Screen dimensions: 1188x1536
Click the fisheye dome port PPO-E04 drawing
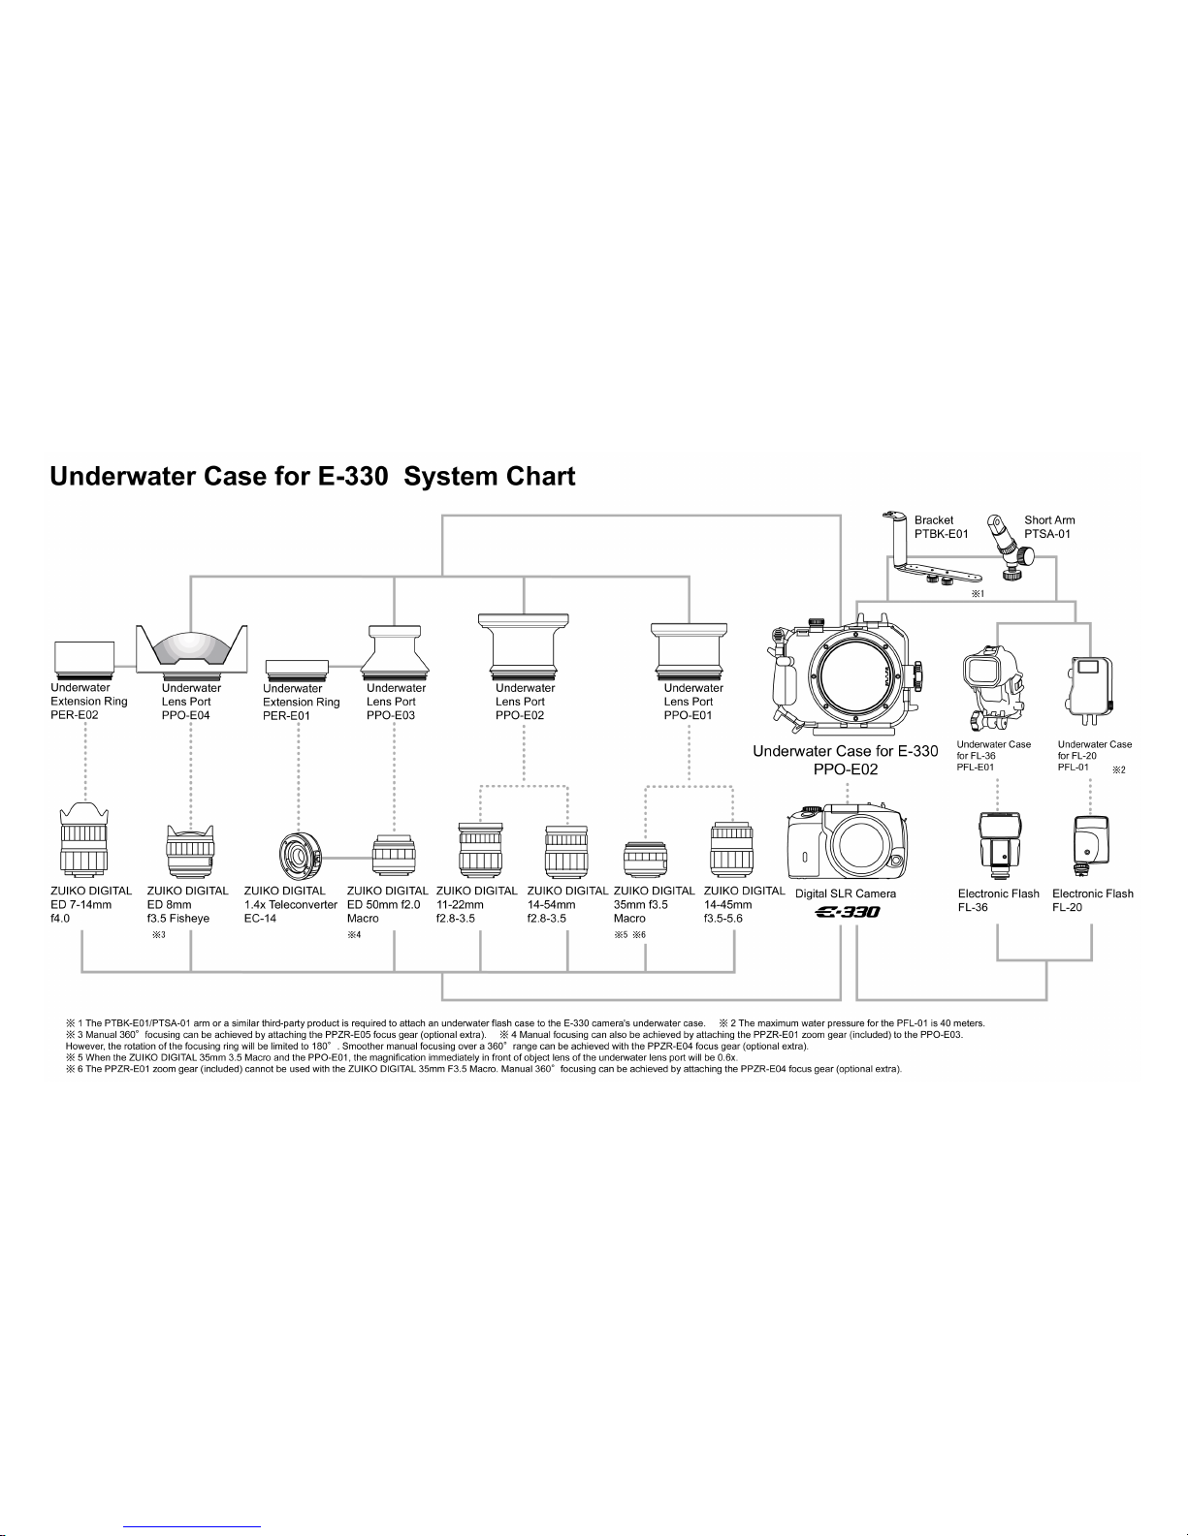[x=191, y=649]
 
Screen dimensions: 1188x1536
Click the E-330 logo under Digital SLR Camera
[x=848, y=912]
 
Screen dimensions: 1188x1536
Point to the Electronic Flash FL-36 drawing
[x=999, y=845]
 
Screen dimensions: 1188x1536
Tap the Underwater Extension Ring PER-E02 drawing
[x=84, y=657]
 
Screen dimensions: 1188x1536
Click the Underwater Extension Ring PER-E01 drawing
[x=297, y=668]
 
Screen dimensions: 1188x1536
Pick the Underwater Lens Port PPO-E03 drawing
[x=394, y=649]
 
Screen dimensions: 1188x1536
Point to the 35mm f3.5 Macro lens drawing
[x=645, y=859]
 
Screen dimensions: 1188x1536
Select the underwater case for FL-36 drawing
[x=993, y=688]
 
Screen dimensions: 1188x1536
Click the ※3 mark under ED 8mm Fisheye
[x=158, y=934]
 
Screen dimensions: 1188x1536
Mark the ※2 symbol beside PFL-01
[x=1119, y=769]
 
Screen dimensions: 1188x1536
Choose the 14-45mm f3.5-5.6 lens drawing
[x=732, y=849]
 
